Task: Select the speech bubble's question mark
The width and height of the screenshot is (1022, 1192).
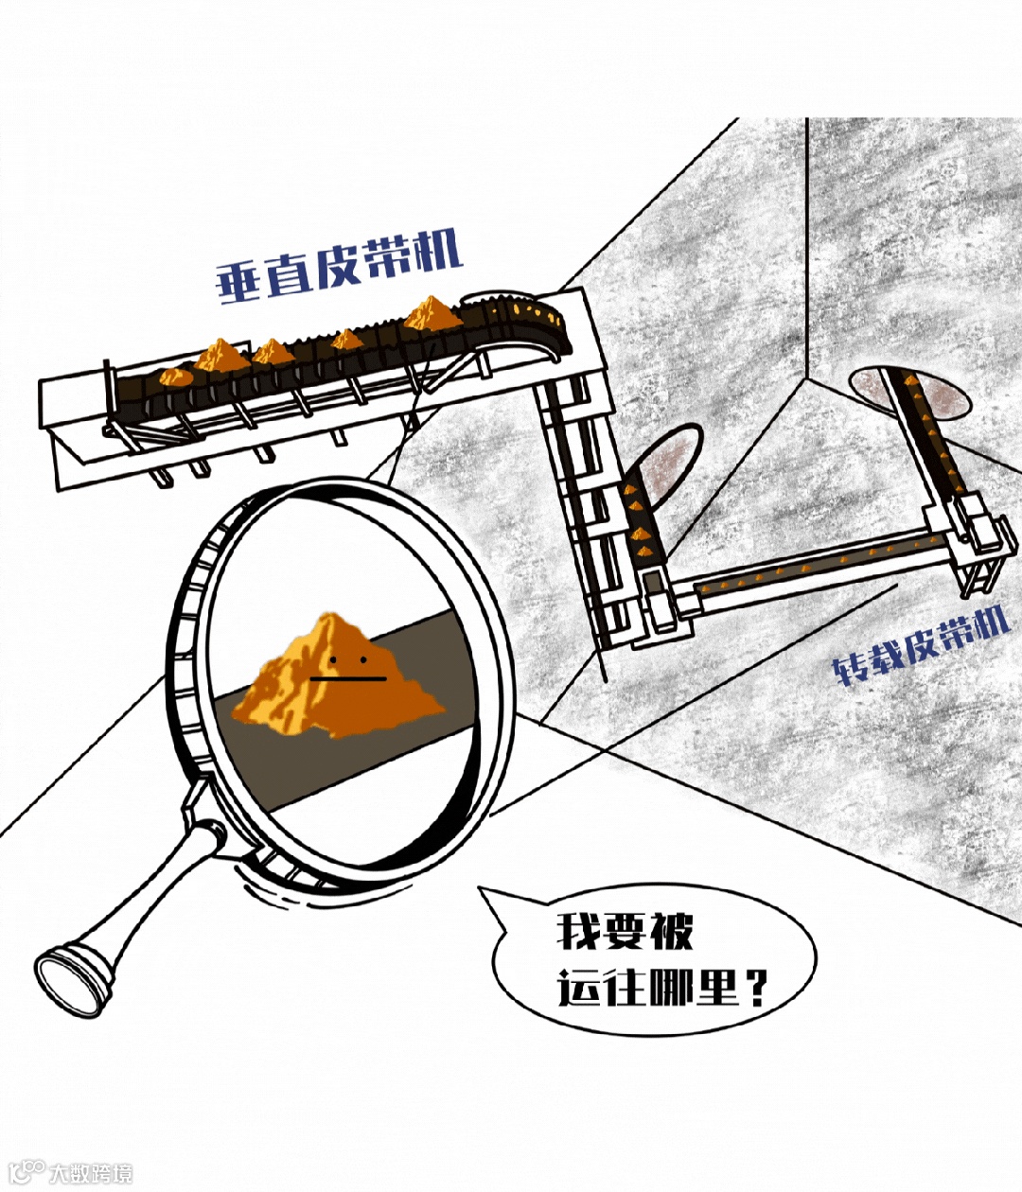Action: click(755, 988)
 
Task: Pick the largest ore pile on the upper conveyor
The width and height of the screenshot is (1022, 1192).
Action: click(432, 314)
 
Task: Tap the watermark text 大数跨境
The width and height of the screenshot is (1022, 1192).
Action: click(92, 1173)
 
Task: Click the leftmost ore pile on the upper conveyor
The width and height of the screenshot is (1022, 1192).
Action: click(174, 376)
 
